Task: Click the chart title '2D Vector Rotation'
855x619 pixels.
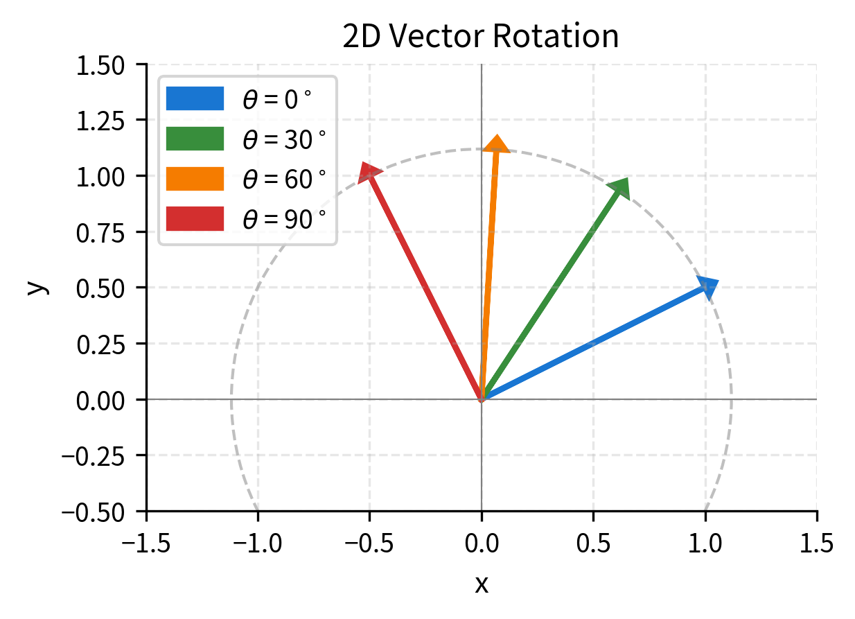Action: tap(480, 37)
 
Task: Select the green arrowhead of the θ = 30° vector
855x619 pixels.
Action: tap(618, 188)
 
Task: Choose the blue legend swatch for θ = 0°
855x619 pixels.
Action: tap(195, 99)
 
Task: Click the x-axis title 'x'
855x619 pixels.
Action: tap(481, 584)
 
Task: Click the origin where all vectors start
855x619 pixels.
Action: tap(482, 399)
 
